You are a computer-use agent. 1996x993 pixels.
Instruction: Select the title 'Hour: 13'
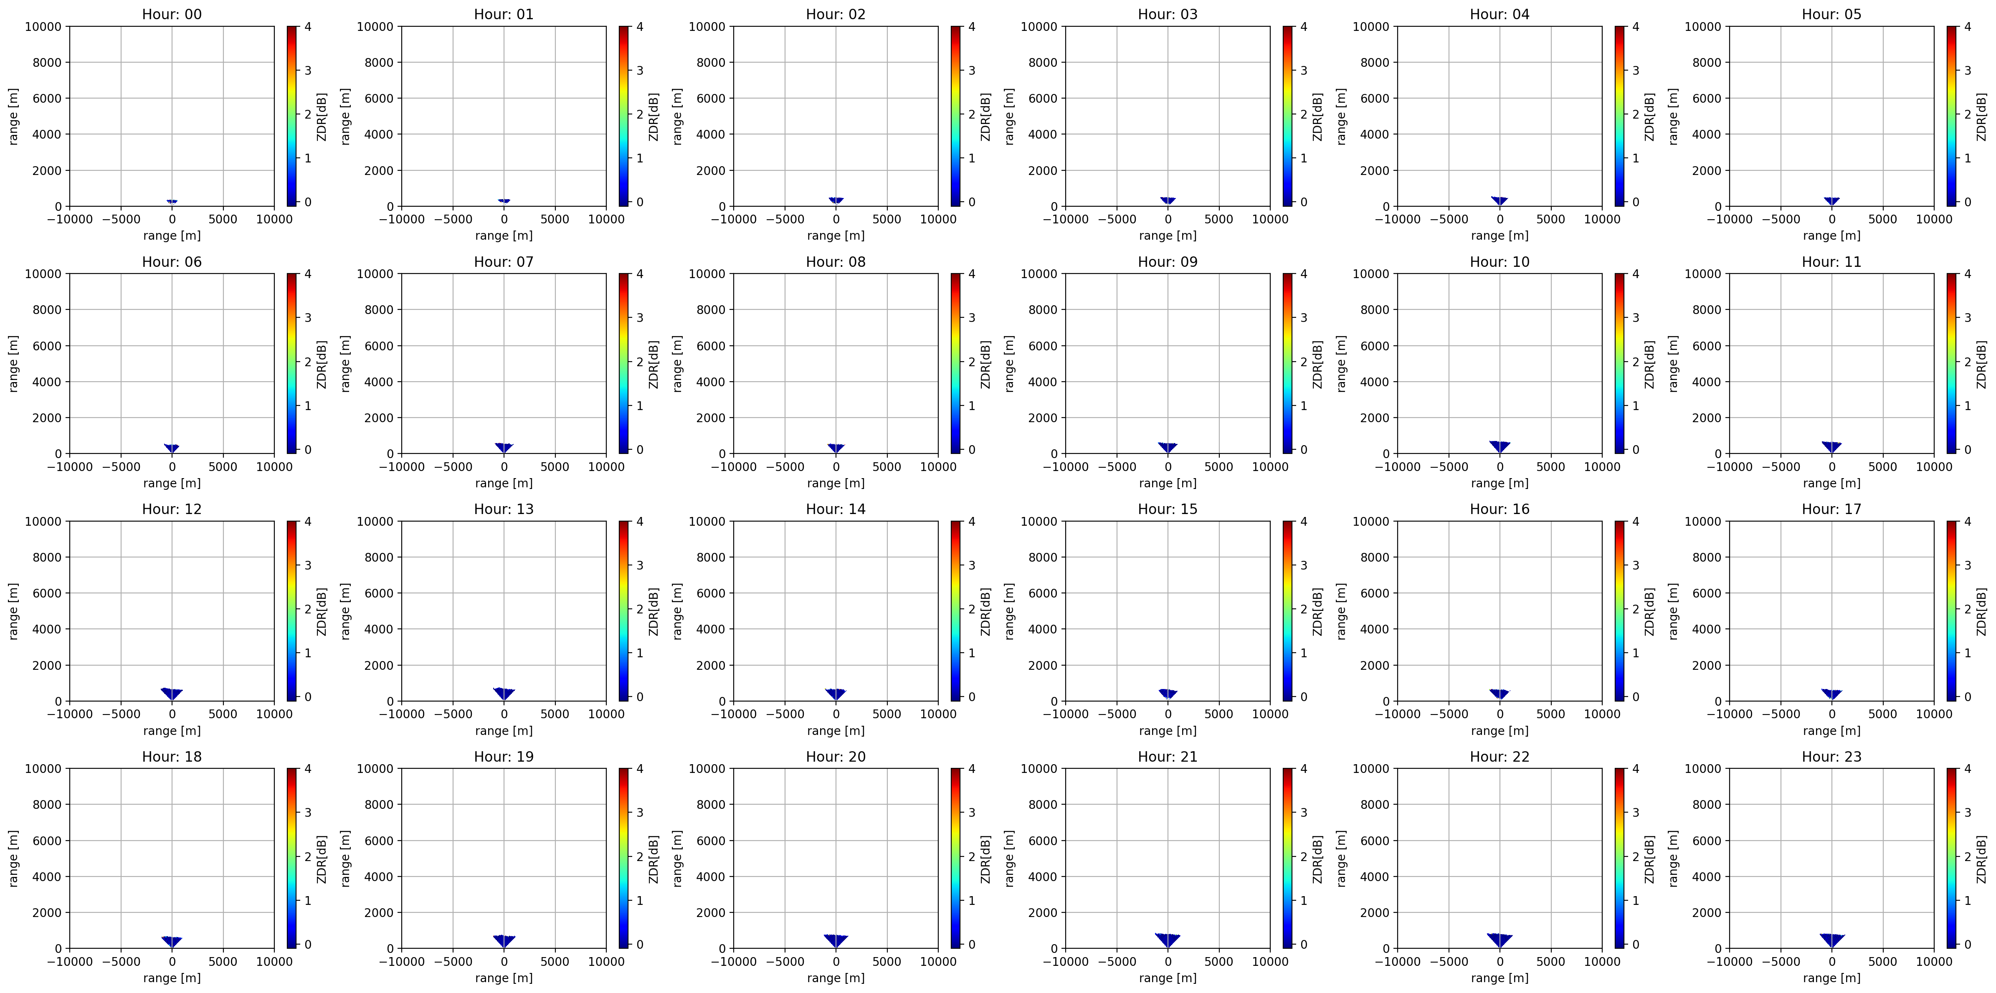click(x=504, y=509)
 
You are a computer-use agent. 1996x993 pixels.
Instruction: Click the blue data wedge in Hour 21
click(x=1168, y=940)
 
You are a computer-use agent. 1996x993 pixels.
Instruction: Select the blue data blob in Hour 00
click(x=172, y=202)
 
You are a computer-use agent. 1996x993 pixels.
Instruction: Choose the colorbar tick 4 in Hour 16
click(x=1636, y=521)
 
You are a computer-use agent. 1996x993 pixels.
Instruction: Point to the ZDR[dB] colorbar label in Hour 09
click(x=1317, y=364)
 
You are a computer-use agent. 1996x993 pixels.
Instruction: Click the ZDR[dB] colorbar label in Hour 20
click(x=985, y=859)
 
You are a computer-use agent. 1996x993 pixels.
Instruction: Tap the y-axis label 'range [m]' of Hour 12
click(x=13, y=611)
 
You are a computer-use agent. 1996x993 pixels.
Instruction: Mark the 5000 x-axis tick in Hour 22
click(x=1550, y=961)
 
